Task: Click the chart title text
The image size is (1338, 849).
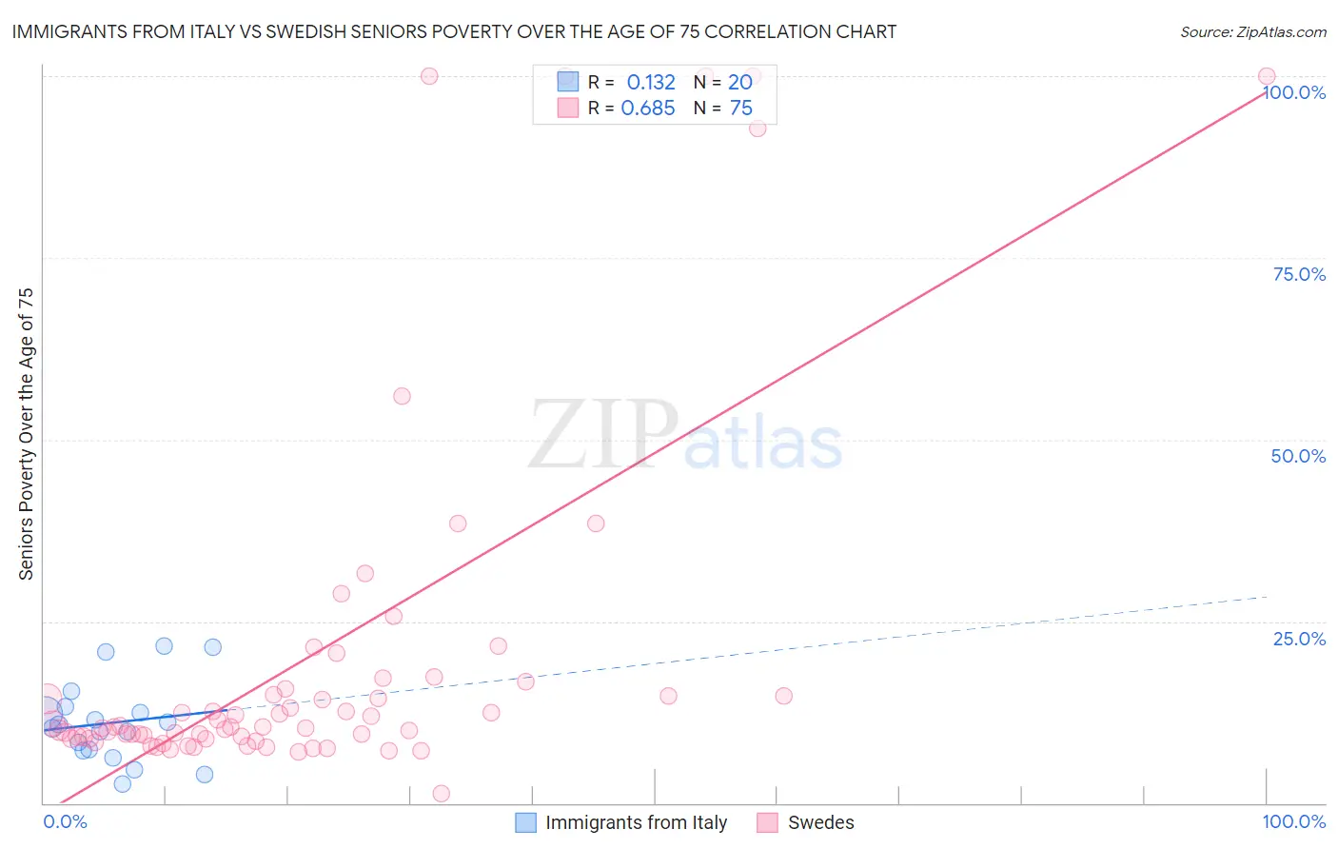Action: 454,32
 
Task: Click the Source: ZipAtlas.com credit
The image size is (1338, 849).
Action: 1252,32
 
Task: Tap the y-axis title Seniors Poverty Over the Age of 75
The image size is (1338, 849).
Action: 26,434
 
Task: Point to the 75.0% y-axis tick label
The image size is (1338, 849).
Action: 1299,275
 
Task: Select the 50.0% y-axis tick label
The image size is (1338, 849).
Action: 1298,457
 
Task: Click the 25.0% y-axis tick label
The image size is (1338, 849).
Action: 1299,639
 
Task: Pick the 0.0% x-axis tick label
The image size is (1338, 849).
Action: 65,822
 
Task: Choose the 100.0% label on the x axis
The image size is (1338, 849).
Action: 1293,822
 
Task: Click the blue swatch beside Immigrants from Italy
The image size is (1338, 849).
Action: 525,822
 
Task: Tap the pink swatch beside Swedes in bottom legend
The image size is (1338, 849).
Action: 768,822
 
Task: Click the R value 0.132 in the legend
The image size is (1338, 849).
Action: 651,83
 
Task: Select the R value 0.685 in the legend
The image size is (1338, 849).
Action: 648,109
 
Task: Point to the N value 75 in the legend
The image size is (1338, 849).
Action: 741,109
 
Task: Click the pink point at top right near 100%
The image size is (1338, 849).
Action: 1267,76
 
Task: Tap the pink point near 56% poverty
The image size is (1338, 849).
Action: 402,396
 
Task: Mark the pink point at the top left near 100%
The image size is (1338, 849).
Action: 429,76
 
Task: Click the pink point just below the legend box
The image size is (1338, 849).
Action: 758,128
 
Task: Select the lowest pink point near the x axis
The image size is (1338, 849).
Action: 441,794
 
